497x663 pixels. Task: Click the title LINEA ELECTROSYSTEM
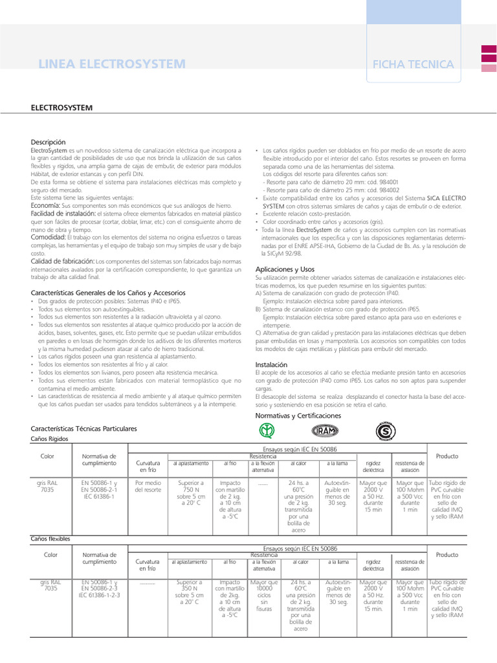[112, 64]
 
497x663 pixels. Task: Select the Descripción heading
[49, 142]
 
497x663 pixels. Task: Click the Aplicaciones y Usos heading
[285, 268]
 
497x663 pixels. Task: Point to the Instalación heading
[271, 365]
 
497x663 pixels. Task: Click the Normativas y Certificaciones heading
[298, 415]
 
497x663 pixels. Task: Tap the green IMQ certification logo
[267, 431]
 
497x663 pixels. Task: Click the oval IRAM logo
[323, 431]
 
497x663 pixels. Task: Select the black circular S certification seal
[386, 431]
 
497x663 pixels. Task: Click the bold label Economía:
[46, 205]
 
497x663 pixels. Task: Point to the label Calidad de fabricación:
[63, 261]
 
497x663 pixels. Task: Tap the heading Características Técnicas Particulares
[84, 429]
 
